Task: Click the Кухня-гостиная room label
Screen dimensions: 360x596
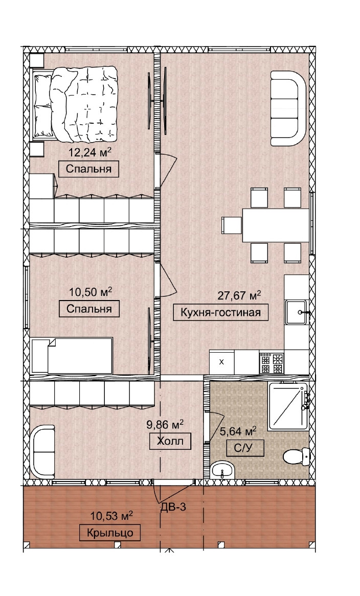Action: pyautogui.click(x=220, y=312)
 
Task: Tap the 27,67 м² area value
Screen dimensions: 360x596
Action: pyautogui.click(x=239, y=295)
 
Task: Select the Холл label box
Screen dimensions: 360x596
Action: pyautogui.click(x=170, y=441)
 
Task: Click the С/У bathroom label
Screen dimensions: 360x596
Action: pyautogui.click(x=245, y=448)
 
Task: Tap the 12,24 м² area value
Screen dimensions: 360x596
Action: pyautogui.click(x=89, y=152)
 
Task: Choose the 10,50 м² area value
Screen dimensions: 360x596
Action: pyautogui.click(x=91, y=292)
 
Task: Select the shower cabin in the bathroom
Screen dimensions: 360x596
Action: pyautogui.click(x=288, y=406)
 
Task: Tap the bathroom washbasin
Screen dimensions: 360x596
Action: pyautogui.click(x=223, y=470)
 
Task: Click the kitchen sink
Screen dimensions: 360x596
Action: pyautogui.click(x=296, y=312)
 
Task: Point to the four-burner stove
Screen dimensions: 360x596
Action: pyautogui.click(x=272, y=362)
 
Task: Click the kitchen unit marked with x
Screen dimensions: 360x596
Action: pyautogui.click(x=221, y=362)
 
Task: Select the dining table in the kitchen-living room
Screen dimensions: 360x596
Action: pyautogui.click(x=276, y=225)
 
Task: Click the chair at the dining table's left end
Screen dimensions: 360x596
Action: pyautogui.click(x=232, y=225)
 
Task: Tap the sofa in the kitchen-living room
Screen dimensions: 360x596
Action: pyautogui.click(x=288, y=108)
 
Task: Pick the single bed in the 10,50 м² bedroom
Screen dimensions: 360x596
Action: pyautogui.click(x=72, y=355)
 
